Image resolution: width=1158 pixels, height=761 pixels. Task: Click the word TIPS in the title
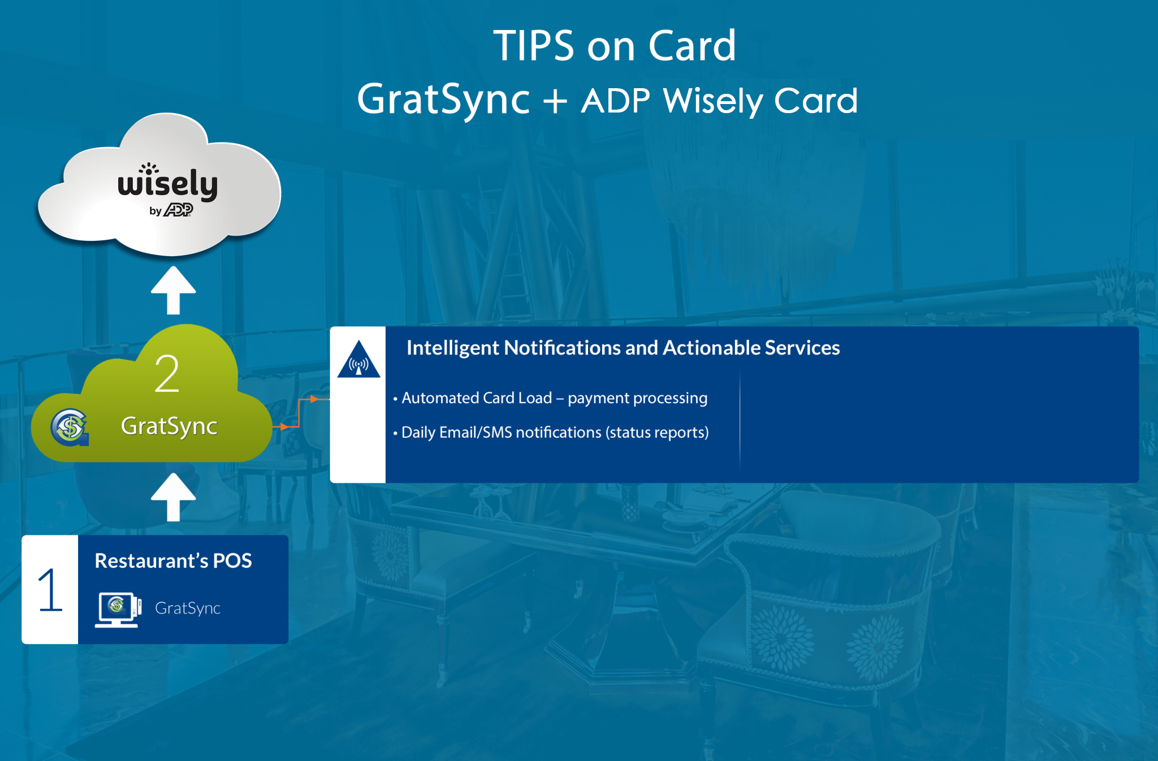(533, 46)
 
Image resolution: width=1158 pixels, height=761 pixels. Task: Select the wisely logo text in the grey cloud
(167, 182)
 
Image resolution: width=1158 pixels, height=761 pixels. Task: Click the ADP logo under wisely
(179, 210)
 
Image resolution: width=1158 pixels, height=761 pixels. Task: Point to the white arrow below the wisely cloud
(173, 290)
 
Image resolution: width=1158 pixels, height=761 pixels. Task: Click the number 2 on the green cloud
(167, 374)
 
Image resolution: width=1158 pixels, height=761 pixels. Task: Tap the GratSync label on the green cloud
(169, 426)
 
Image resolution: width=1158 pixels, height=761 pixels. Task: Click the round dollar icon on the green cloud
(70, 427)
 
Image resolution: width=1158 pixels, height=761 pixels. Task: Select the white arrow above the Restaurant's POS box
(173, 497)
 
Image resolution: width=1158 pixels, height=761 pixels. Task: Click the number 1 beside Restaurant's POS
(50, 590)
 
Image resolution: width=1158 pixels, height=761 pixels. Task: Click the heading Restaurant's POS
(173, 561)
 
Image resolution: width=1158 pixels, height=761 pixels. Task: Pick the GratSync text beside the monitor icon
(188, 608)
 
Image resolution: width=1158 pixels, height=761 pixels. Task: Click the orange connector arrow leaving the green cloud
(300, 413)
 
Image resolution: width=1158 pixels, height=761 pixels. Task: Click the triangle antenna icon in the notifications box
(358, 360)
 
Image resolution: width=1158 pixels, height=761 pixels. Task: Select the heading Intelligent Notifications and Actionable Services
(623, 348)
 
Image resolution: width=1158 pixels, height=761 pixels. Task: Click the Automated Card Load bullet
(550, 398)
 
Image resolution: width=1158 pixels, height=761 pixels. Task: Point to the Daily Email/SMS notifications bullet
(551, 433)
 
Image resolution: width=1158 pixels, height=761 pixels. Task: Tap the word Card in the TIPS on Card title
(692, 46)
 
